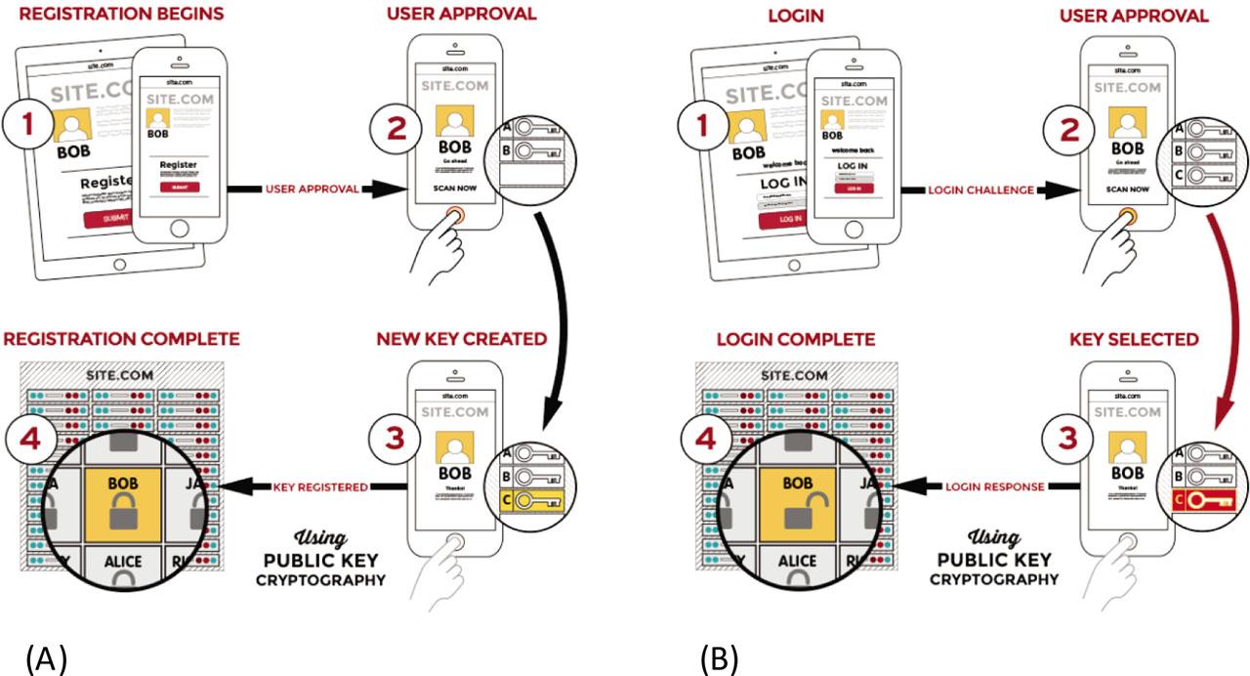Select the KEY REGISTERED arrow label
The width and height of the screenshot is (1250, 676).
click(x=318, y=486)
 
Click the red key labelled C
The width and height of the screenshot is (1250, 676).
click(x=1206, y=501)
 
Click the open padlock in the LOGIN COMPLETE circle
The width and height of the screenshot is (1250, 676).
click(x=799, y=519)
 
